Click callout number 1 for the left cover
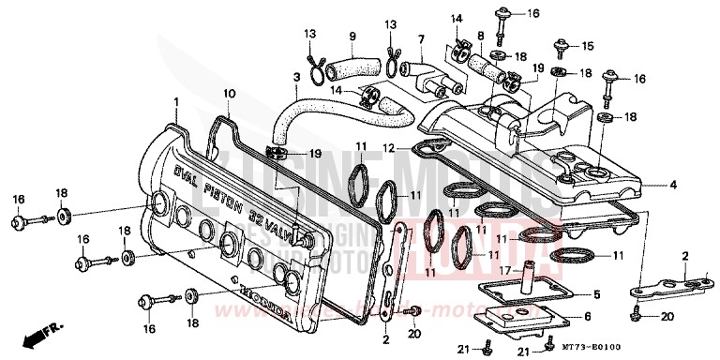174,99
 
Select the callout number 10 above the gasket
228,94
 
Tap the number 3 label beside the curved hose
296,77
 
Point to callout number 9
353,37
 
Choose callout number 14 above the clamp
456,18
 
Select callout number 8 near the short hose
480,37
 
